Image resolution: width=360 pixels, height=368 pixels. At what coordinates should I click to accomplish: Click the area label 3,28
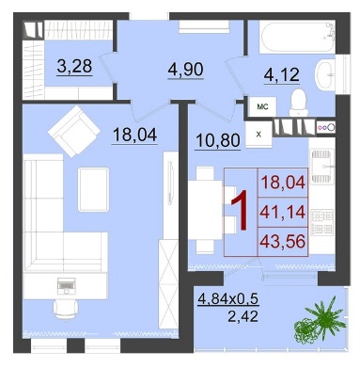point(74,67)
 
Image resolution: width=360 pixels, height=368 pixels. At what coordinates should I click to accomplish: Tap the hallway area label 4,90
point(185,70)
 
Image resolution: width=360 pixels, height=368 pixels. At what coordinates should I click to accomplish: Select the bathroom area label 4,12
point(282,75)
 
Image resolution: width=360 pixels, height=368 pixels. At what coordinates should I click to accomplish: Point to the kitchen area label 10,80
point(218,140)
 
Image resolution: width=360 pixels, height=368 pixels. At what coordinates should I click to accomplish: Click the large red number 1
point(241,211)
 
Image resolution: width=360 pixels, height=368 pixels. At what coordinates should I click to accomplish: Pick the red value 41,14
point(283,212)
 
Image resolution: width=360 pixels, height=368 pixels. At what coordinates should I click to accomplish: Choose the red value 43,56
point(283,241)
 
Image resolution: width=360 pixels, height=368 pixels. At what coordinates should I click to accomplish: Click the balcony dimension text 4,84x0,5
point(227,298)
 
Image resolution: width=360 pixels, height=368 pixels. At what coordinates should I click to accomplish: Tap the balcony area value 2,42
point(243,316)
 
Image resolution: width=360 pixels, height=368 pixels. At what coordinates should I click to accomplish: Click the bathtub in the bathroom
point(297,37)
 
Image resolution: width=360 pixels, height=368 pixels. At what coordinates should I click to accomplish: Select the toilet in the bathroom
point(298,102)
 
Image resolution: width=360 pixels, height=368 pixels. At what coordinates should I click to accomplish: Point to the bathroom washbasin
point(325,74)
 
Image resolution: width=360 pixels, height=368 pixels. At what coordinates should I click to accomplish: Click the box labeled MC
point(262,106)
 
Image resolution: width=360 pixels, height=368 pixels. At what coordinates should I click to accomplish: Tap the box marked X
point(258,135)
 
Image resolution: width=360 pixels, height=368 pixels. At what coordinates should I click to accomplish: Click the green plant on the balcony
point(319,322)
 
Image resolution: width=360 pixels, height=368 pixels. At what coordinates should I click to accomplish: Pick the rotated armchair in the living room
point(74,131)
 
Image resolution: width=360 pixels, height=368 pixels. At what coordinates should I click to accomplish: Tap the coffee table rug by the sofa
point(93,189)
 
